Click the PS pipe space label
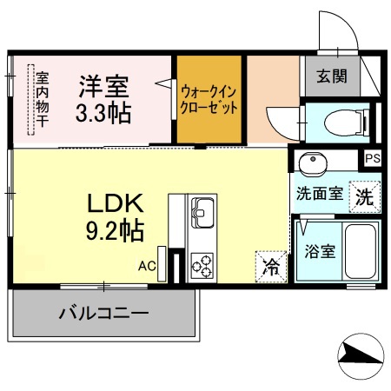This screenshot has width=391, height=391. coord(372,159)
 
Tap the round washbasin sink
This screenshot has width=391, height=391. coord(310,162)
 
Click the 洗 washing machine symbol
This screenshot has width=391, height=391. coord(365,195)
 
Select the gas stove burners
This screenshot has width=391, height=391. coord(202,263)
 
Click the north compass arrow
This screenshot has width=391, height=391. coord(359,354)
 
